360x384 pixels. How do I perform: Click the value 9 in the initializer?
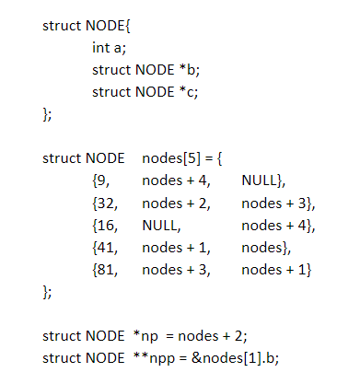pyautogui.click(x=101, y=180)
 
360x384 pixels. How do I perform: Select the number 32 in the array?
pyautogui.click(x=104, y=202)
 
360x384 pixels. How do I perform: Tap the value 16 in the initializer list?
pyautogui.click(x=104, y=225)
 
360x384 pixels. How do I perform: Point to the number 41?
pyautogui.click(x=104, y=247)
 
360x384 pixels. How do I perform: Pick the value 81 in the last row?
pyautogui.click(x=104, y=270)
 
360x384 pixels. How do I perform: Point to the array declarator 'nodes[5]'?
pyautogui.click(x=169, y=157)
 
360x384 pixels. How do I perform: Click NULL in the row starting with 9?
pyautogui.click(x=264, y=180)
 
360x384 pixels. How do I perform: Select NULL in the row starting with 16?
pyautogui.click(x=159, y=225)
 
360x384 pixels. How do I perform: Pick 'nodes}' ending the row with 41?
pyautogui.click(x=266, y=247)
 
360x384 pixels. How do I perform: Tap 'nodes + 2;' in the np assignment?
pyautogui.click(x=208, y=335)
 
